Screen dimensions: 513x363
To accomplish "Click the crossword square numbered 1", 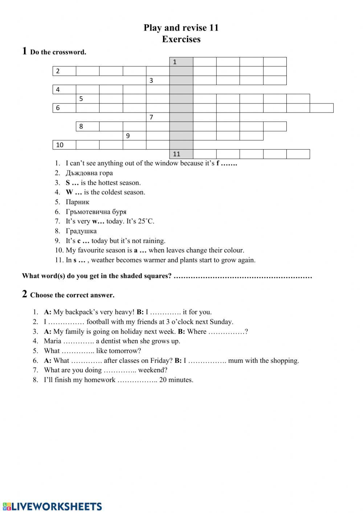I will [x=181, y=62].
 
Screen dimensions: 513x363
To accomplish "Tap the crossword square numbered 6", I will [x=64, y=108].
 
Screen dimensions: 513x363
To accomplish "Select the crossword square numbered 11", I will [x=181, y=154].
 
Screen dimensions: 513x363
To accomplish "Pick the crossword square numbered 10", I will [x=64, y=145].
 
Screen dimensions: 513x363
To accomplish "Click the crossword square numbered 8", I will [x=87, y=126].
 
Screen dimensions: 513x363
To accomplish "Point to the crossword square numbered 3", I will [x=158, y=80].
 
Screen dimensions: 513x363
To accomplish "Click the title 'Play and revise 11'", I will [x=181, y=28].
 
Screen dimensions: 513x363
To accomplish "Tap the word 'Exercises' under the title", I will [x=181, y=39].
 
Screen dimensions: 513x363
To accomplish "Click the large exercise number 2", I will [x=24, y=294].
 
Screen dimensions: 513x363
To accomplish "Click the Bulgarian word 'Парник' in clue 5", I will [x=77, y=202].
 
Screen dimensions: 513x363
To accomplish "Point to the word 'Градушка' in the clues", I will [x=81, y=231].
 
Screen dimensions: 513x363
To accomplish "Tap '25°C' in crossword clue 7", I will [x=146, y=221].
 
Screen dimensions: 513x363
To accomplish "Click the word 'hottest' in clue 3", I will [x=107, y=183].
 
